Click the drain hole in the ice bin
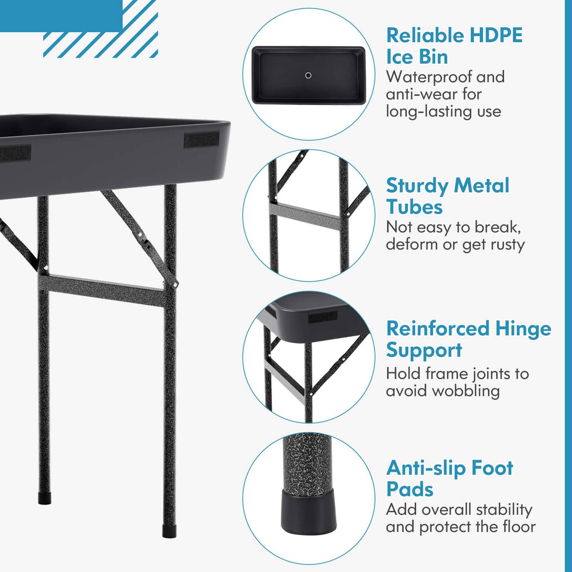[x=308, y=76]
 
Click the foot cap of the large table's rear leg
[x=44, y=498]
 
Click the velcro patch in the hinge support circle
[x=323, y=318]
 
